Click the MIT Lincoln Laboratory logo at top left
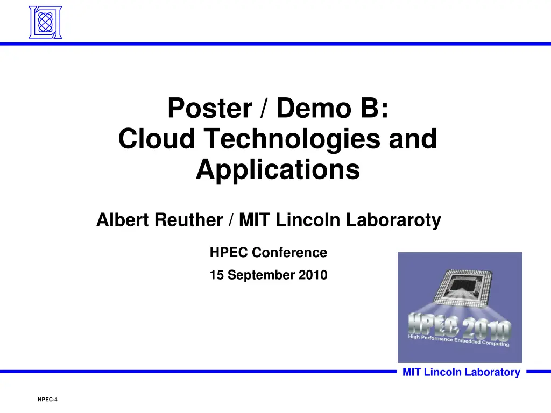pyautogui.click(x=45, y=22)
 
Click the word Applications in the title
pyautogui.click(x=278, y=170)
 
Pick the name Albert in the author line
pyautogui.click(x=122, y=220)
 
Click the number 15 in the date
pyautogui.click(x=216, y=275)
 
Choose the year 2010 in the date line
pyautogui.click(x=315, y=275)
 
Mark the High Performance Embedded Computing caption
pyautogui.click(x=459, y=340)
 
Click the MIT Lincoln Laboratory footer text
pyautogui.click(x=461, y=372)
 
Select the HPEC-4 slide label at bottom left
pyautogui.click(x=47, y=400)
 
